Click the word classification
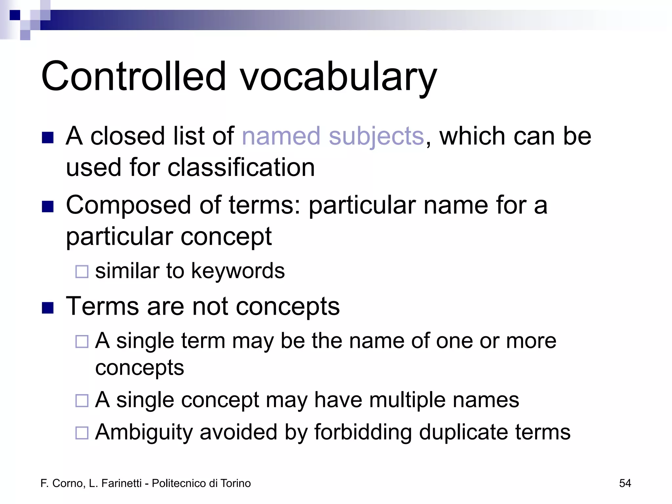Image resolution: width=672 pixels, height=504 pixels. click(241, 167)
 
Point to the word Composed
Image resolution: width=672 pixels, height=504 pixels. click(128, 205)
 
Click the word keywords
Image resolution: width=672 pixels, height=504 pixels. click(238, 271)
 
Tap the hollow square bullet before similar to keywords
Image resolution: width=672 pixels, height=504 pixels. click(82, 272)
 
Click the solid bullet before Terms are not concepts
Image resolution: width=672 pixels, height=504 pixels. click(48, 308)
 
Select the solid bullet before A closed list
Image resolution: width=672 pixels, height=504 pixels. click(48, 138)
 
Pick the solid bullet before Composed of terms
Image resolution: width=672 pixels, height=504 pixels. click(48, 207)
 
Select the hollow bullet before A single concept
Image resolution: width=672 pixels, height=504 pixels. click(82, 401)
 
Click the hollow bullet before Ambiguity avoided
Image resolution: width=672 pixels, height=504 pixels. click(82, 433)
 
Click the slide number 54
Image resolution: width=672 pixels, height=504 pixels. click(625, 483)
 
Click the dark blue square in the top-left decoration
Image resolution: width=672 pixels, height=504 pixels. click(15, 15)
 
